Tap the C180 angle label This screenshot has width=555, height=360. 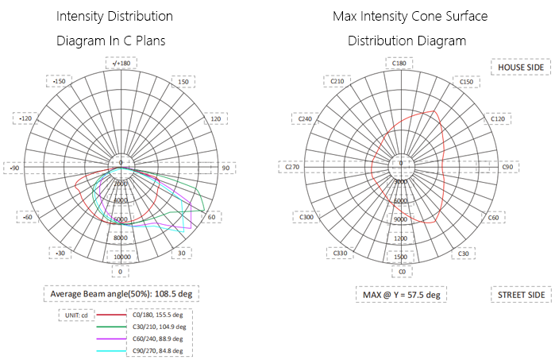click(400, 64)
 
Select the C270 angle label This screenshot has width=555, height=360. click(293, 167)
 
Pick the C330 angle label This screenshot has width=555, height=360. click(339, 254)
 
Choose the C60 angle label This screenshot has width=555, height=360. click(493, 217)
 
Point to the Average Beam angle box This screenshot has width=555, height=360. click(120, 294)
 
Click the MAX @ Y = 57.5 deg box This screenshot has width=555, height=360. click(400, 295)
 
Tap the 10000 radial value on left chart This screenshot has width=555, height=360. click(121, 257)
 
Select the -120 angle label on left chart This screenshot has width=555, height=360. click(26, 118)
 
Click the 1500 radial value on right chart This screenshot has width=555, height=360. click(401, 257)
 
